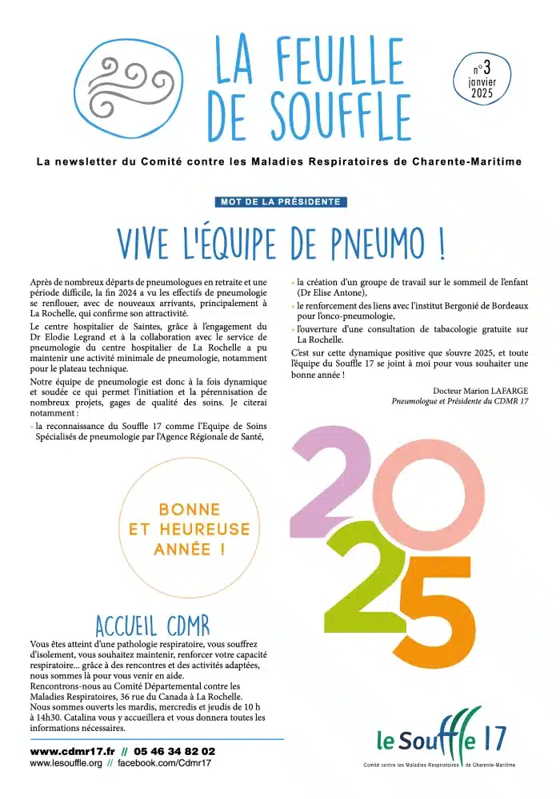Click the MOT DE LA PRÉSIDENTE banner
coord(281,202)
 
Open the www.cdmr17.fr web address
coord(73,752)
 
